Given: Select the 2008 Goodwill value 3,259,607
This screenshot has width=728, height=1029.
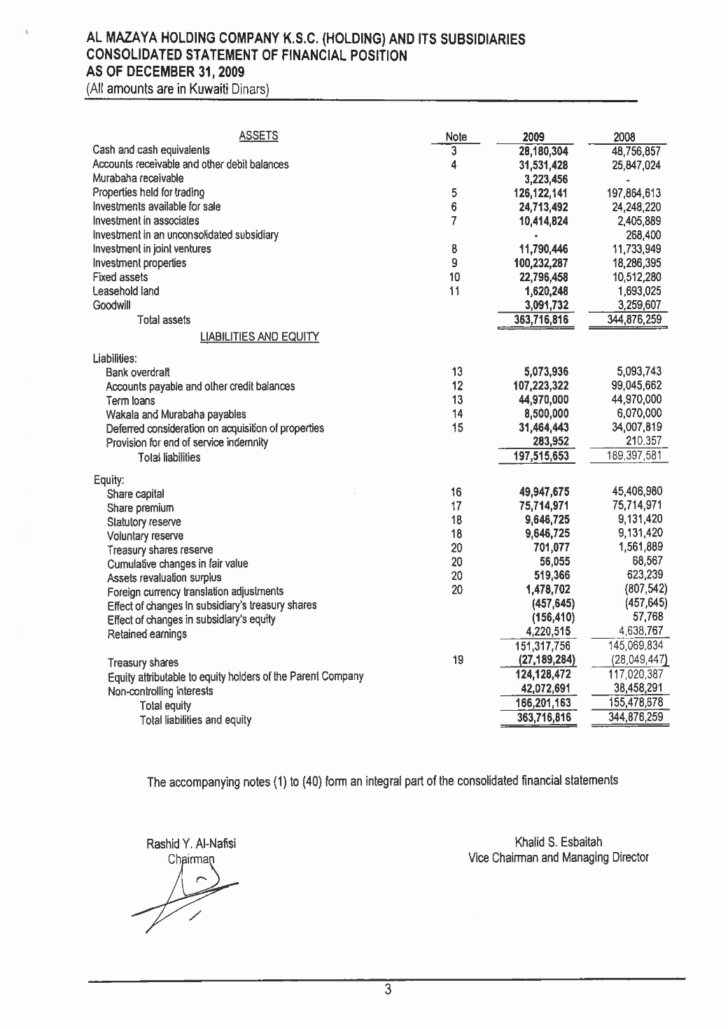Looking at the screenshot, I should pyautogui.click(x=634, y=305).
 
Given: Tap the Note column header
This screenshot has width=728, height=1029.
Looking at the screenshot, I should pyautogui.click(x=456, y=137).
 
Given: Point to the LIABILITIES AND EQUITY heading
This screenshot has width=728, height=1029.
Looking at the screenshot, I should pyautogui.click(x=260, y=337).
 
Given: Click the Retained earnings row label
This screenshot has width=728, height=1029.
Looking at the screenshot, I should pyautogui.click(x=137, y=634).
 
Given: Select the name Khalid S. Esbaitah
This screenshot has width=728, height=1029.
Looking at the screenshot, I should pyautogui.click(x=558, y=842).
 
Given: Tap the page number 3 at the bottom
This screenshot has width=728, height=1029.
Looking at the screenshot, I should pyautogui.click(x=386, y=989).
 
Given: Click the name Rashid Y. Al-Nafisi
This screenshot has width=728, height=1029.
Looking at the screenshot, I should pyautogui.click(x=191, y=844).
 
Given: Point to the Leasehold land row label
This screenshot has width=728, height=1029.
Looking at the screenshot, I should pyautogui.click(x=126, y=291).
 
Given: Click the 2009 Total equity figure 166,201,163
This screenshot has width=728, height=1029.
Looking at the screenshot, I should pyautogui.click(x=540, y=703).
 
